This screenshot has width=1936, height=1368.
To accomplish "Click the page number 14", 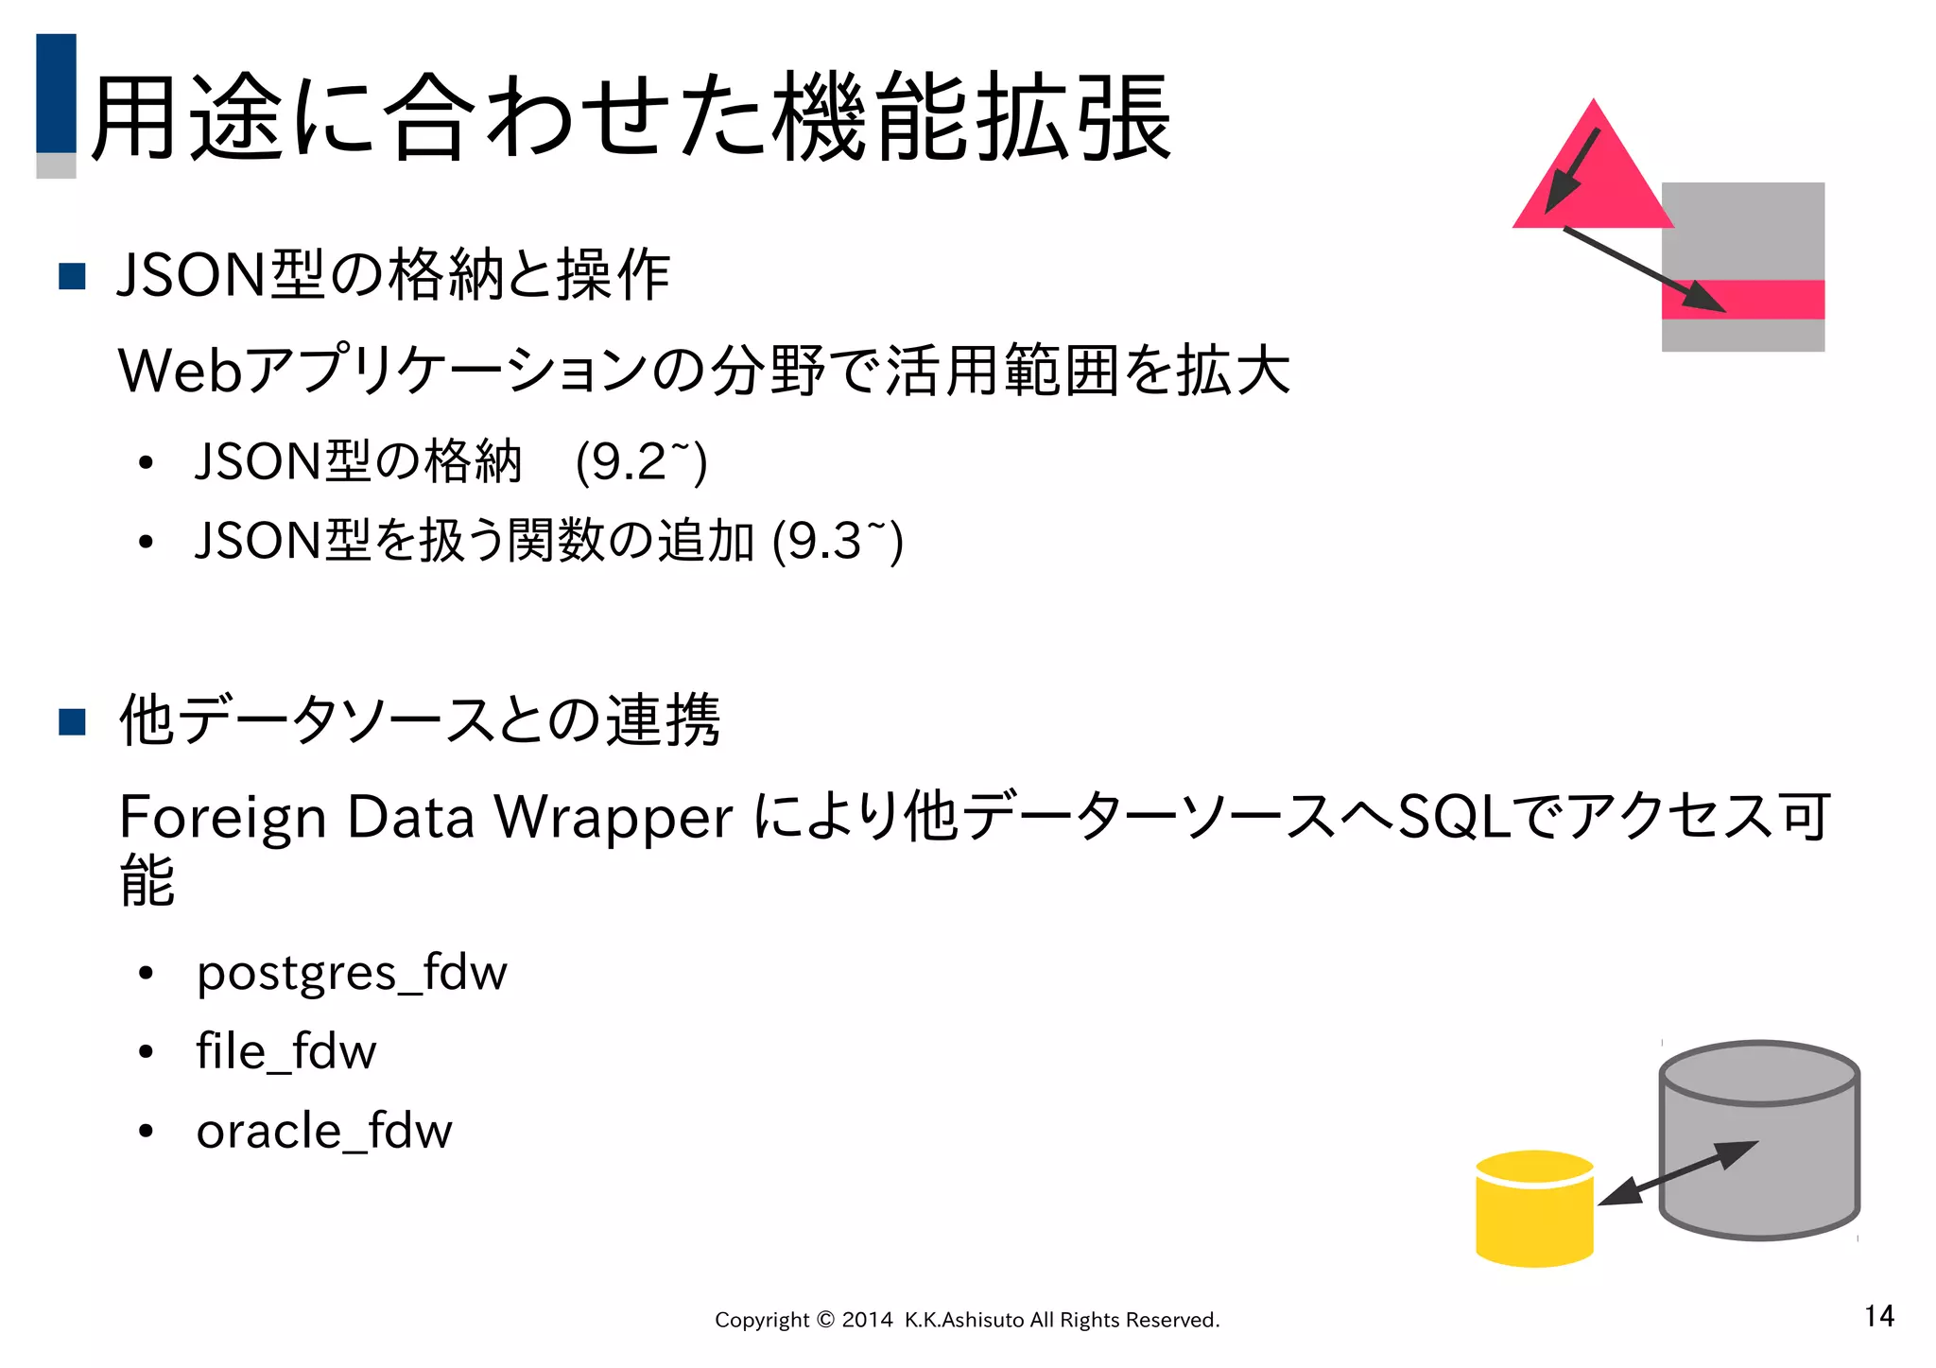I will coord(1878,1316).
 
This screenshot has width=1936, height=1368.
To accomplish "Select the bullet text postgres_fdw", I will coord(352,974).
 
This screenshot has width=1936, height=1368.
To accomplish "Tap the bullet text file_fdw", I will coord(285,1052).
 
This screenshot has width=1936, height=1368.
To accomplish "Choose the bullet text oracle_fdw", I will coord(324,1132).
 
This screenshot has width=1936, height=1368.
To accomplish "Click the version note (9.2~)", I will coord(641,462).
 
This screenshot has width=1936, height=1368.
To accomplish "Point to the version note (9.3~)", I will coord(838,542).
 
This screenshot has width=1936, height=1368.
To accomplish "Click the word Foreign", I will coord(223,818).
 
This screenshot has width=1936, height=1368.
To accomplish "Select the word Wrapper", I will coord(614,818).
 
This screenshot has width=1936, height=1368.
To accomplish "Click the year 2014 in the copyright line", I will coord(867,1320).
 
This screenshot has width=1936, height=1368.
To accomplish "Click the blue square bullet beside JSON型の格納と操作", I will coord(72,276).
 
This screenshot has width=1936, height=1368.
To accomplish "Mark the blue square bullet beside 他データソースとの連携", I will coord(72,721).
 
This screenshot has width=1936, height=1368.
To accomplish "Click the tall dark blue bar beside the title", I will coord(56,93).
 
